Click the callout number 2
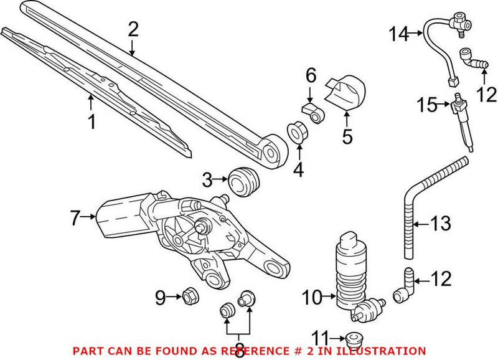click(133, 29)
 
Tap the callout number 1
click(92, 121)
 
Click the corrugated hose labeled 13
click(414, 206)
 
